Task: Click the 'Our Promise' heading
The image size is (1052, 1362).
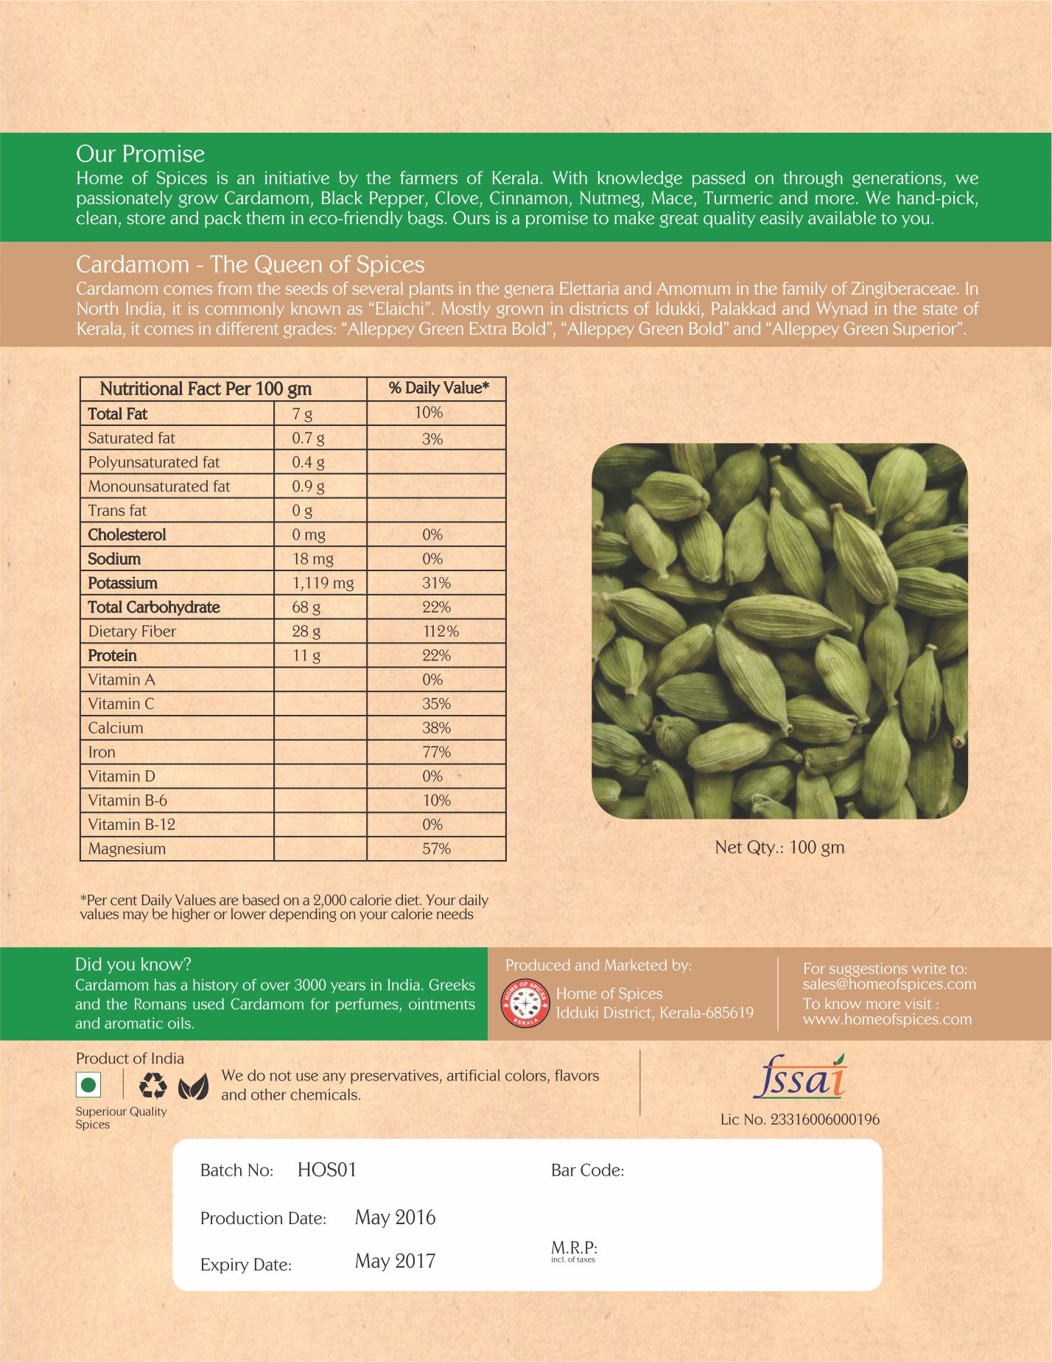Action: tap(140, 154)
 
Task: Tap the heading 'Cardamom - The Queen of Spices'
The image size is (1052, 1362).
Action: tap(250, 265)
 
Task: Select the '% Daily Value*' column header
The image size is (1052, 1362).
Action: tap(438, 388)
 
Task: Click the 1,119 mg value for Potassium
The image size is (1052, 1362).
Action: tap(323, 583)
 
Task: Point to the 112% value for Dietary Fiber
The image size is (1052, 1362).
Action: tap(440, 632)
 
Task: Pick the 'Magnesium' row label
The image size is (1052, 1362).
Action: tap(127, 849)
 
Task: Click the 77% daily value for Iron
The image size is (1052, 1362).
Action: tap(436, 752)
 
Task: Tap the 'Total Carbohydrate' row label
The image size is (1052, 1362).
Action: tap(153, 607)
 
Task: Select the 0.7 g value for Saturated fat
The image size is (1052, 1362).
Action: tap(308, 439)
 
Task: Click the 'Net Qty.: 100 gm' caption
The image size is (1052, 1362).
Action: tap(779, 848)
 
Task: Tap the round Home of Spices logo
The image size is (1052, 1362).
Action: tap(525, 1003)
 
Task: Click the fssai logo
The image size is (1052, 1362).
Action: tap(799, 1078)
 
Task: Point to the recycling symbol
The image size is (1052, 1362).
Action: tap(152, 1086)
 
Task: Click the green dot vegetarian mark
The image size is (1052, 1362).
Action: tap(88, 1086)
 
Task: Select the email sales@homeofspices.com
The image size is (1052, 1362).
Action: tap(889, 985)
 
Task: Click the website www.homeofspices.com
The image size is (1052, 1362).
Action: tap(887, 1020)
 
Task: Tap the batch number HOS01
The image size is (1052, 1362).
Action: tap(326, 1170)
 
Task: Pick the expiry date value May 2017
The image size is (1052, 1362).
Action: tap(395, 1261)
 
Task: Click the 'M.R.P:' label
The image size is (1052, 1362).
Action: tap(574, 1248)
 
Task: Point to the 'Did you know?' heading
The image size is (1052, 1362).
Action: tap(133, 965)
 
